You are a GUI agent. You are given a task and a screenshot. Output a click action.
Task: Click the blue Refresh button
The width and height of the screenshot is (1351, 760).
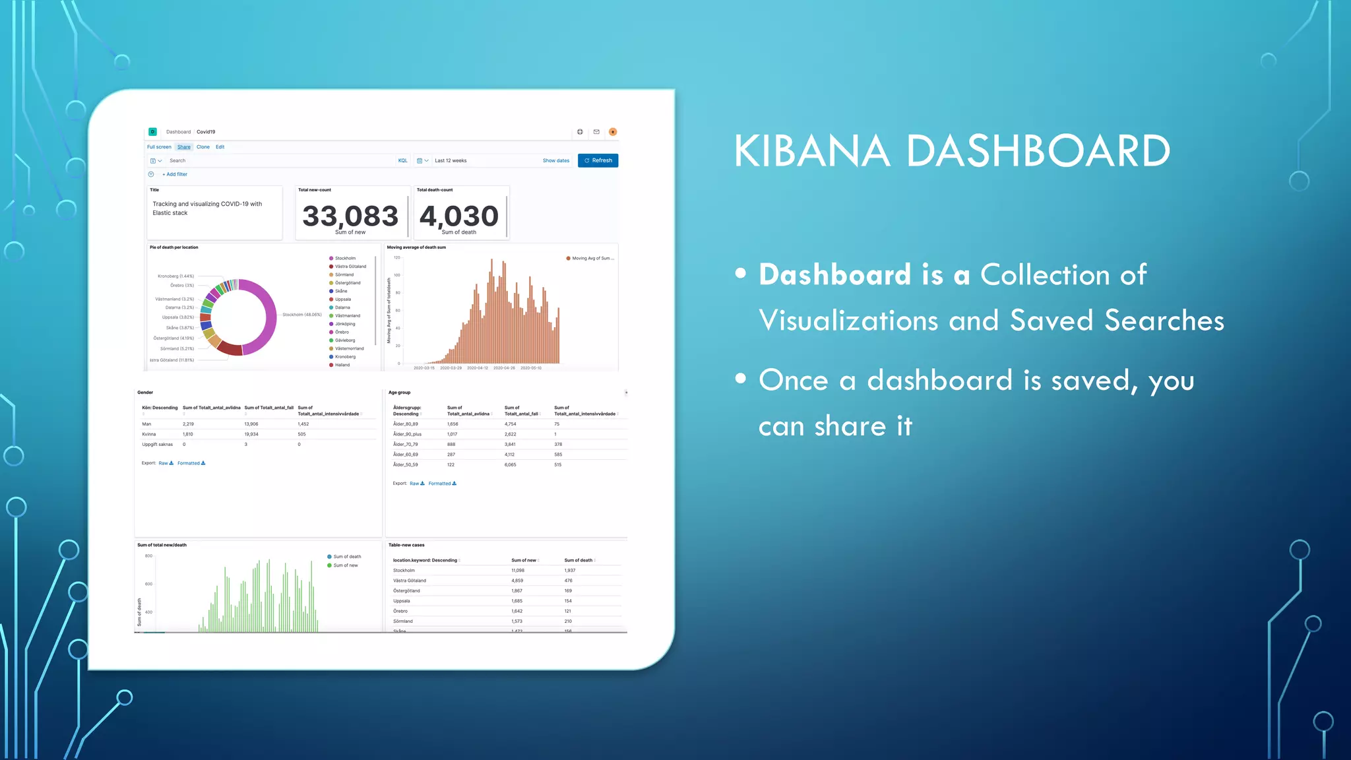[x=598, y=160]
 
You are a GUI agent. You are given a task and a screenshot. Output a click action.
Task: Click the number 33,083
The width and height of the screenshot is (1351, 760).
[x=350, y=216]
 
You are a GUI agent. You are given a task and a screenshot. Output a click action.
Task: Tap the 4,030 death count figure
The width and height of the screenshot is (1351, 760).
[x=459, y=216]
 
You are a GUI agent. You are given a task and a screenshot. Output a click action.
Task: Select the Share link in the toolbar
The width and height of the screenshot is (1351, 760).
[x=184, y=147]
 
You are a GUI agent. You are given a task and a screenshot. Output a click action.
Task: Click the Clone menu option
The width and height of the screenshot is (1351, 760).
[x=203, y=147]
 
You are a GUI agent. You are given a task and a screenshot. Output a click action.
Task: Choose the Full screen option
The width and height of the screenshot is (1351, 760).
[x=159, y=147]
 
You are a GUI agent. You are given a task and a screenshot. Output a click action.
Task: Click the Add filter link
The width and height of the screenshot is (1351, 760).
[x=175, y=174]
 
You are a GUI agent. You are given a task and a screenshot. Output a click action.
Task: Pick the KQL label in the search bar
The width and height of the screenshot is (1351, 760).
[x=402, y=160]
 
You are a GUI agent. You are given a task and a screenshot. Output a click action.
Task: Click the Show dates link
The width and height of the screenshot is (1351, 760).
[x=556, y=160]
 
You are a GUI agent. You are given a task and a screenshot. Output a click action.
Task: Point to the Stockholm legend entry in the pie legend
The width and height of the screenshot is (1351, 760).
[x=345, y=259]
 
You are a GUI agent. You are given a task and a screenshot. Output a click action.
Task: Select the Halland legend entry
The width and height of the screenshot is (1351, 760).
[x=342, y=365]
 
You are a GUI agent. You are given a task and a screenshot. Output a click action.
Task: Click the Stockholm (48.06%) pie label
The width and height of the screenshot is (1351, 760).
[x=302, y=315]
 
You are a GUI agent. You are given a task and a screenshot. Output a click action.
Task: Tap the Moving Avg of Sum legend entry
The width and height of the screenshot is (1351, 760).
[x=592, y=259]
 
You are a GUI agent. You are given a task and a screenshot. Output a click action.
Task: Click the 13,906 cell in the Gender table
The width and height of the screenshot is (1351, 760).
[x=251, y=424]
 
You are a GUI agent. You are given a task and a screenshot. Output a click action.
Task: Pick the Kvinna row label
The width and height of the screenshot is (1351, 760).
[x=149, y=434]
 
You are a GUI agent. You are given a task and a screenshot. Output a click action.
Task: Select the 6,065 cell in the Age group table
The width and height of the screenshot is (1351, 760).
[x=511, y=464]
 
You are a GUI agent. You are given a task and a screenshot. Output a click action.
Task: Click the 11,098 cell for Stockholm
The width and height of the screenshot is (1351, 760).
[x=518, y=570]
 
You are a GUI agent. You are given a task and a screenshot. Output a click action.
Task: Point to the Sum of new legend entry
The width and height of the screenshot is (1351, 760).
[x=345, y=565]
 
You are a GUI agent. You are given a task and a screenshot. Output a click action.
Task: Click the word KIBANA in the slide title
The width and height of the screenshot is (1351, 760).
[x=812, y=151]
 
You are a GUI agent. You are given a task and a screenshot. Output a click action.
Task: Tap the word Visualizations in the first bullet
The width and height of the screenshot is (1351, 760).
[x=848, y=321]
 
